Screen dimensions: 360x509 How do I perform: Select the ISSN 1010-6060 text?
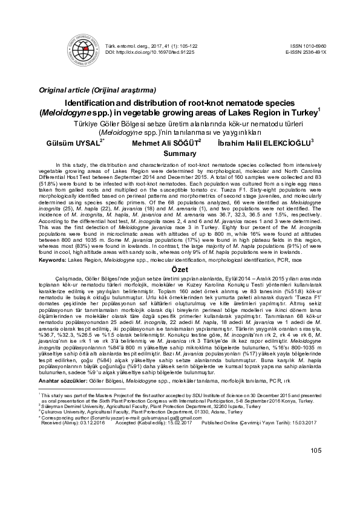[x=308, y=46]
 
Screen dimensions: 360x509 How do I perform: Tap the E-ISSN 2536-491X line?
[x=305, y=53]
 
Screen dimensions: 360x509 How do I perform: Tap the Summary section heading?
[x=179, y=154]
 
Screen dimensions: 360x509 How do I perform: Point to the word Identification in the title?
[x=96, y=103]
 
